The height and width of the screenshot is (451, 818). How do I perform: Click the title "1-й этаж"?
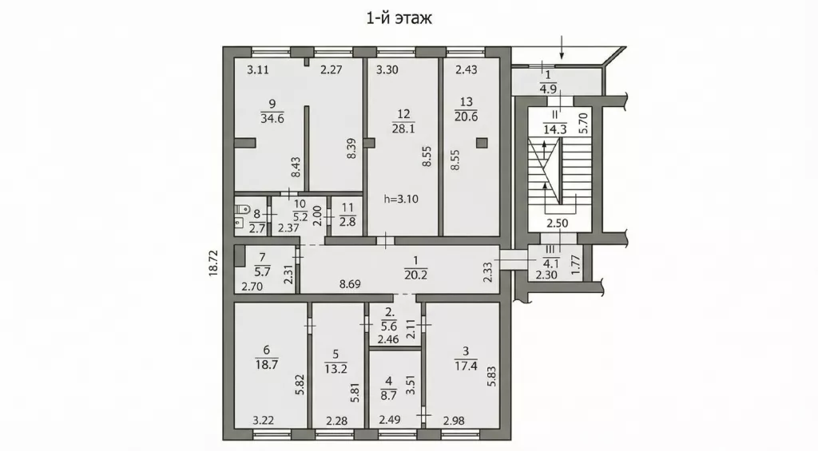pyautogui.click(x=399, y=18)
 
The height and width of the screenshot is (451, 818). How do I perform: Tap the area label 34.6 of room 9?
pyautogui.click(x=272, y=118)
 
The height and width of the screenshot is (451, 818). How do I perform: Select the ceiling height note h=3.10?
pyautogui.click(x=401, y=199)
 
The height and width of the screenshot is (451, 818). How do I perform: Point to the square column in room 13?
pyautogui.click(x=482, y=142)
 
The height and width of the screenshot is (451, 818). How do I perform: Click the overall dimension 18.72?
pyautogui.click(x=213, y=262)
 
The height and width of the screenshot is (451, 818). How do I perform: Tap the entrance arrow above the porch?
pyautogui.click(x=562, y=47)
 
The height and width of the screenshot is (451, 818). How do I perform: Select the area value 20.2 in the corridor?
pyautogui.click(x=415, y=275)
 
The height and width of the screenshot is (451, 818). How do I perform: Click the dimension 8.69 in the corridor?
pyautogui.click(x=350, y=285)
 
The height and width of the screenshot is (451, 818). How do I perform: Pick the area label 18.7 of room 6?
pyautogui.click(x=267, y=365)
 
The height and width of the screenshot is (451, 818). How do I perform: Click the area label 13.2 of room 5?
pyautogui.click(x=336, y=369)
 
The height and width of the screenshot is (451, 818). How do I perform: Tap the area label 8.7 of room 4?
pyautogui.click(x=389, y=396)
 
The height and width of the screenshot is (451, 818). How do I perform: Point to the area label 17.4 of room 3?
pyautogui.click(x=466, y=366)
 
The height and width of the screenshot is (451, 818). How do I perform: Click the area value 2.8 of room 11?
pyautogui.click(x=347, y=222)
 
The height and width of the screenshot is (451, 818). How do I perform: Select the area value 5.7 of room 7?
pyautogui.click(x=262, y=271)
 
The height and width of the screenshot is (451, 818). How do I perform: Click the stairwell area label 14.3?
pyautogui.click(x=554, y=129)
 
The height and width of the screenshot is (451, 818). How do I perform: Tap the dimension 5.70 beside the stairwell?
pyautogui.click(x=583, y=124)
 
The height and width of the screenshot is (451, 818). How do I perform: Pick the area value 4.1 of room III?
pyautogui.click(x=550, y=263)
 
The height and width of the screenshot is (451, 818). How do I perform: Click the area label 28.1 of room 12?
pyautogui.click(x=403, y=129)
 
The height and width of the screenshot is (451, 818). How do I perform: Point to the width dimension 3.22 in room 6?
pyautogui.click(x=264, y=420)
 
